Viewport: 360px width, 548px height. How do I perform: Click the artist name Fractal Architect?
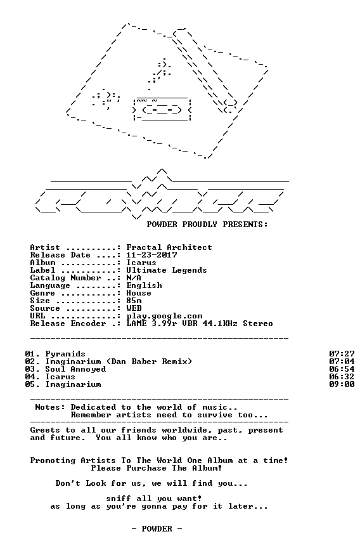tap(169, 247)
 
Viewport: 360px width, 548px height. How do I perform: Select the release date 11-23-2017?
tap(151, 255)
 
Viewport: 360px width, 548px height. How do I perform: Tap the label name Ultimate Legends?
tap(167, 270)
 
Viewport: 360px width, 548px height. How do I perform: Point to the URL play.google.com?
tap(164, 316)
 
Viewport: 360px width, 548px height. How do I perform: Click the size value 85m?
tap(134, 301)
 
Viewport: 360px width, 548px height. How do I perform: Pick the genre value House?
tap(139, 293)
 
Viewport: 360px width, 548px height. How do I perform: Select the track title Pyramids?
tap(65, 354)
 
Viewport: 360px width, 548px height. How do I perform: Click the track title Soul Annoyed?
tap(75, 369)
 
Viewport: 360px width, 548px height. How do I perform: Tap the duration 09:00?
tap(342, 384)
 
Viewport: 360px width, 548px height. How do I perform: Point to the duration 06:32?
tap(342, 377)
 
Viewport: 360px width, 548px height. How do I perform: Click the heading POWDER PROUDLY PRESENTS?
tap(207, 225)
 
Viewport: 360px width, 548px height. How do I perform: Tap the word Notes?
tap(50, 407)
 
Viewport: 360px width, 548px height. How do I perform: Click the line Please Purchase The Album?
tap(157, 468)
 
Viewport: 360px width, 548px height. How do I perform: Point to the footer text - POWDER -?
tap(157, 529)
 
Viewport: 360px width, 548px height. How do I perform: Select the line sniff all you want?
tap(154, 499)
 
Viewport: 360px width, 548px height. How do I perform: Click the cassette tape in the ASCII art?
tap(162, 110)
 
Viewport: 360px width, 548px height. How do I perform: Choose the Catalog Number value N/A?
tap(134, 278)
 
